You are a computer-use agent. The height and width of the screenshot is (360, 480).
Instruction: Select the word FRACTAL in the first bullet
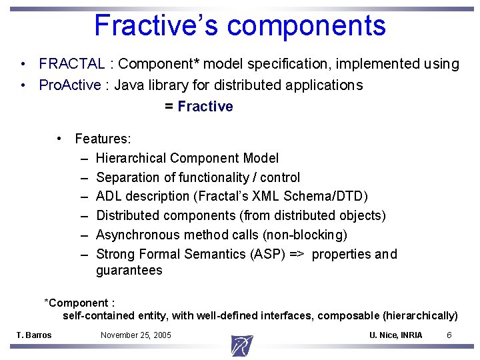71,64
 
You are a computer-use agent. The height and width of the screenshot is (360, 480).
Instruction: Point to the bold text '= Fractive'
199,107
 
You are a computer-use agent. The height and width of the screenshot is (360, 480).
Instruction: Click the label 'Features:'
103,139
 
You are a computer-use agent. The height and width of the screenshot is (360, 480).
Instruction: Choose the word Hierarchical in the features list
131,158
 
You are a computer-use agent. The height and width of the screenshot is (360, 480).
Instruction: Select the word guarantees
129,270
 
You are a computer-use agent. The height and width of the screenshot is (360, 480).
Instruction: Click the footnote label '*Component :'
79,303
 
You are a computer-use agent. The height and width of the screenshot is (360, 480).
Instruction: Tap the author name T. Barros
33,335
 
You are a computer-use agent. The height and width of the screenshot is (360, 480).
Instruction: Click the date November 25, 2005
135,335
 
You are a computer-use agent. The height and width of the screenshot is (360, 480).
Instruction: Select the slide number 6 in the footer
449,335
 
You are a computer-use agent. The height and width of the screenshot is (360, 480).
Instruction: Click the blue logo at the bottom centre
241,346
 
